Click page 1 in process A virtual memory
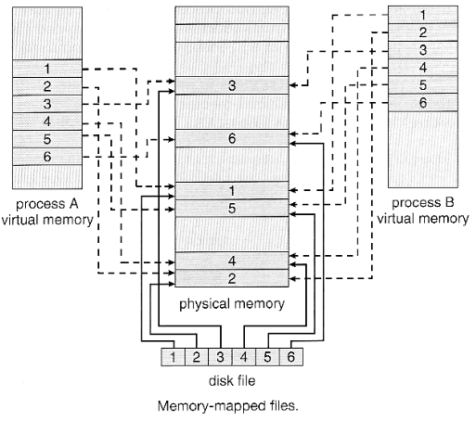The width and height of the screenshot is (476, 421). tap(45, 69)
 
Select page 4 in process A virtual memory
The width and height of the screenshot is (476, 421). tap(45, 121)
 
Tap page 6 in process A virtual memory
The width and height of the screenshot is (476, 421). tap(45, 157)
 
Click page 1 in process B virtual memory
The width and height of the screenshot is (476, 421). tap(423, 15)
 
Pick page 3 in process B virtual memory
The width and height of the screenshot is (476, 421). tap(423, 49)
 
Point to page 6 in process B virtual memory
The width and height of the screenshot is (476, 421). tap(423, 101)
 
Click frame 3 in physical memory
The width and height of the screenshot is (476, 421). tap(232, 86)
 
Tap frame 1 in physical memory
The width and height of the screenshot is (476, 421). tap(232, 190)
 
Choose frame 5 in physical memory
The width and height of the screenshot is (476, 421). tap(232, 208)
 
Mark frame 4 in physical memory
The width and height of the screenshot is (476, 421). tap(232, 261)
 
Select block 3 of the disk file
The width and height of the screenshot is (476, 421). tap(220, 356)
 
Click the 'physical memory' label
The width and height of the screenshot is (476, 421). tap(232, 303)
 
